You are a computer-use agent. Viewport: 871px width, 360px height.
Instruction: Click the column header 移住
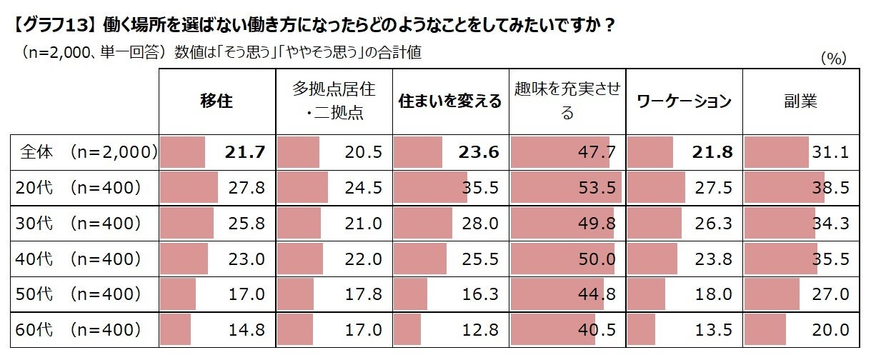tap(216, 101)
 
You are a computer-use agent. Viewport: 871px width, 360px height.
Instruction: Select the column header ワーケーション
tap(684, 101)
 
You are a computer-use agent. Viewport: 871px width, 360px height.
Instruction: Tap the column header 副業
tap(800, 101)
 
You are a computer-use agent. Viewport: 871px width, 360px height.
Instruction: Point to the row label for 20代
tap(79, 187)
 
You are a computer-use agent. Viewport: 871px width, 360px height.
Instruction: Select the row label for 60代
tap(79, 330)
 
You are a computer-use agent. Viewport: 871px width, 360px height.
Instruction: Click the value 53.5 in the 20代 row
tap(597, 187)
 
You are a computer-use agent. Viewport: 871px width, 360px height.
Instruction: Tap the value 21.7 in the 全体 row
tap(244, 151)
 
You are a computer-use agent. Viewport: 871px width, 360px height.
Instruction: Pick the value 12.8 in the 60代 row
tap(480, 330)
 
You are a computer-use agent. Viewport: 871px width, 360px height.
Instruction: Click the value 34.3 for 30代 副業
tap(830, 223)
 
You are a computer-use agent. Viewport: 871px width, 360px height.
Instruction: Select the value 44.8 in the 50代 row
tap(597, 294)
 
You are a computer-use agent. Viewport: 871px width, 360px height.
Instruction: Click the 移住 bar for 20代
tap(189, 187)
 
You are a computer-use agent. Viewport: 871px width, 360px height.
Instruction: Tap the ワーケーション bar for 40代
tap(652, 259)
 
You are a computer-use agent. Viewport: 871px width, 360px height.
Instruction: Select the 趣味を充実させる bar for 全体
tap(559, 151)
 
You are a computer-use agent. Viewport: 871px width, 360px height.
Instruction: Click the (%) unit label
tap(833, 59)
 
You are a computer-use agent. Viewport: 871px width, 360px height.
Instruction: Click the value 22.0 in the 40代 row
tap(363, 259)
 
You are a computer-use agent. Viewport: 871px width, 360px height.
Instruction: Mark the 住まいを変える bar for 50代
tap(410, 294)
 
